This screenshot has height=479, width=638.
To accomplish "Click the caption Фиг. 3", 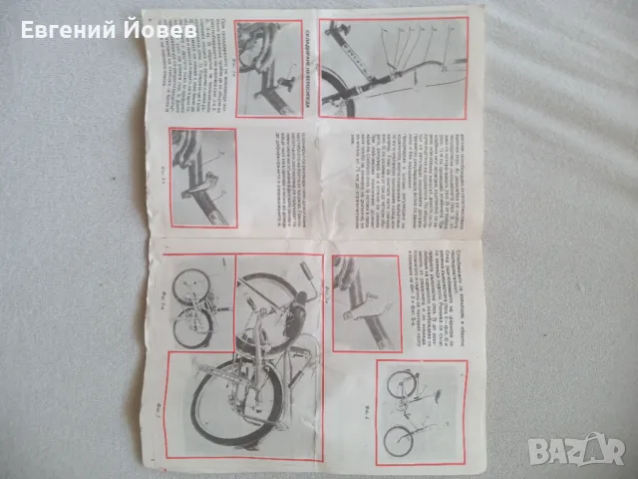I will (x=159, y=405).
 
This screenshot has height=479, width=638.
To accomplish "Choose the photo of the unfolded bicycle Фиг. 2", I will (x=419, y=410).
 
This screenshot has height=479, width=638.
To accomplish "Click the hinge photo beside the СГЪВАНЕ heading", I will (x=268, y=69).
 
